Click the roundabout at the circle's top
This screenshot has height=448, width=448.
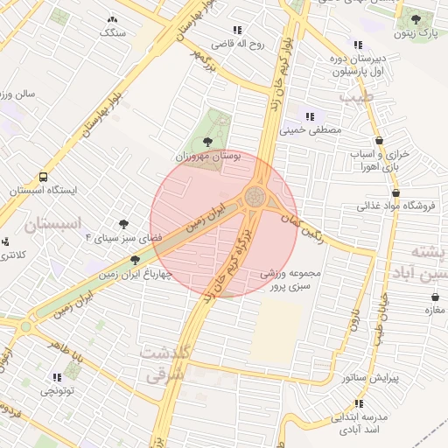255,195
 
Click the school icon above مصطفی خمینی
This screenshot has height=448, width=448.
308,115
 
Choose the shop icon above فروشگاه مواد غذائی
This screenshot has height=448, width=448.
396,192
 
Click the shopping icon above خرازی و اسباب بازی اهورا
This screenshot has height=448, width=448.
379,139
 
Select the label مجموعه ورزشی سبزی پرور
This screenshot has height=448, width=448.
291,279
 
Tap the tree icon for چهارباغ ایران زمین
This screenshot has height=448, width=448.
135,260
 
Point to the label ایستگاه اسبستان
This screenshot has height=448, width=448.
44,190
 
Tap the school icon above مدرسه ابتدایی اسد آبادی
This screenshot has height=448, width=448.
358,404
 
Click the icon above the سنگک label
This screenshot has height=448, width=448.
112,19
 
